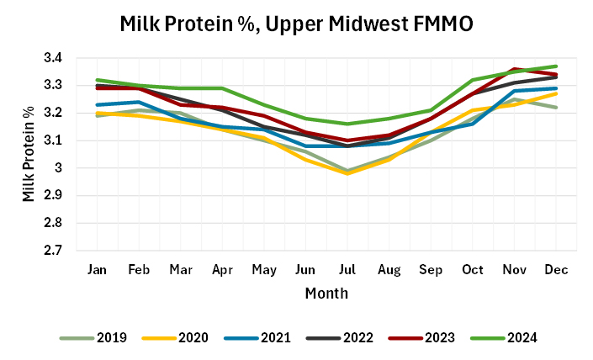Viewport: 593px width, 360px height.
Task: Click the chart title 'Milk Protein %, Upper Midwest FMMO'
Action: [296, 24]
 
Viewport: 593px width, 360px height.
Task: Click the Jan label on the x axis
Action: [98, 268]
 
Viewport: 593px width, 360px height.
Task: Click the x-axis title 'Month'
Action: [326, 294]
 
